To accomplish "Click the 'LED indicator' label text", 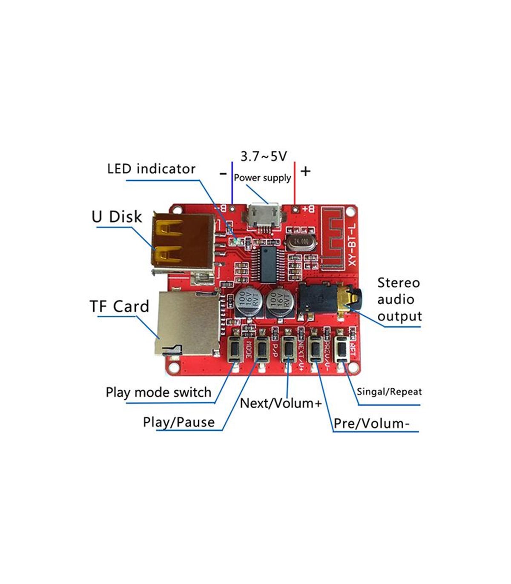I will coord(151,169).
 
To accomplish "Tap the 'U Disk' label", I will coord(116,217).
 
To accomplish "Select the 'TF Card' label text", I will coord(119,306).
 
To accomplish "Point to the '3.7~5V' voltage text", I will coord(264,157).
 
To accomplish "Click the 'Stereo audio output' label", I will coord(399,300).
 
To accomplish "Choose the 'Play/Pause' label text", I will coord(178,422).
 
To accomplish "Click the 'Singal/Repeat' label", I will coord(389,392).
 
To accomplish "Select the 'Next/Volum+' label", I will coord(281,403).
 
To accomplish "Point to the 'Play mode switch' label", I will coord(158,392).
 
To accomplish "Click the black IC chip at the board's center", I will coord(268,264).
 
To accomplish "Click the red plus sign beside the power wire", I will coord(305,171).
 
